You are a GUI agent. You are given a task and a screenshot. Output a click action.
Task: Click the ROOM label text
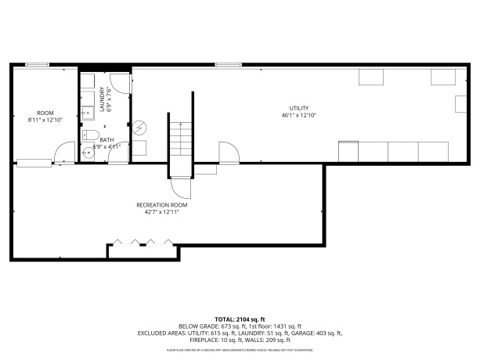(45, 113)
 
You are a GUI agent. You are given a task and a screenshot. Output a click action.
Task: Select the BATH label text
(106, 139)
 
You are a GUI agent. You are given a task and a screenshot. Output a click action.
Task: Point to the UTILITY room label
(299, 108)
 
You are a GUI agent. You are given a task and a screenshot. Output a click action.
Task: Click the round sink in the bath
(87, 153)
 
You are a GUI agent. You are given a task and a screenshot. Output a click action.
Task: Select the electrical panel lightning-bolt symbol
(140, 127)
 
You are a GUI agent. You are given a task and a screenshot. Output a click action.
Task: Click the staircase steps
(180, 141)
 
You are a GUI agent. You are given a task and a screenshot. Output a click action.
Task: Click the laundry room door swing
(117, 82)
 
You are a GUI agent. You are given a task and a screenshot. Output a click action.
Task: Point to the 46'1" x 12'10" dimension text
(298, 115)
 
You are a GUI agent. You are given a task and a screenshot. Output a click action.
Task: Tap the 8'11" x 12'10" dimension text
(45, 120)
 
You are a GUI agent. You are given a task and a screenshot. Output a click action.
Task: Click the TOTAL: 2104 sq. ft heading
(240, 319)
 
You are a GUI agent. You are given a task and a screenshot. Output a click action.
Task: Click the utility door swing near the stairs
(228, 153)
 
